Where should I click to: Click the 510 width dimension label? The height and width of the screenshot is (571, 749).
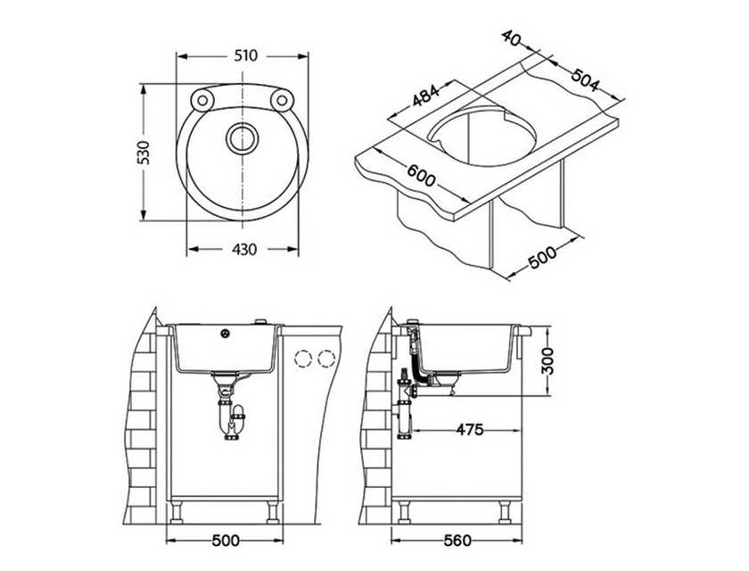245,56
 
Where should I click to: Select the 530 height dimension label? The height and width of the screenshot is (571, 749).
144,153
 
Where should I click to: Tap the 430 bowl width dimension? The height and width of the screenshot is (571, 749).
244,249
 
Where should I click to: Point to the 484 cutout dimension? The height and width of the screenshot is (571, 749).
425,95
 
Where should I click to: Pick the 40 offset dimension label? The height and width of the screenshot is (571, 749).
511,38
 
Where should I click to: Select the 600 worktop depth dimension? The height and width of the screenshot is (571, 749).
421,175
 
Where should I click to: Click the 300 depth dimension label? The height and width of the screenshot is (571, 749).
548,360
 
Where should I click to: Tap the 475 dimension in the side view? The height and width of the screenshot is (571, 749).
470,429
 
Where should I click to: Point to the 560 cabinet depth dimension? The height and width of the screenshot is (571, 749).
457,541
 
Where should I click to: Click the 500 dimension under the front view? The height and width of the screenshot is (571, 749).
226,541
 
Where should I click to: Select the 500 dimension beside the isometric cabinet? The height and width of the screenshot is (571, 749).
542,257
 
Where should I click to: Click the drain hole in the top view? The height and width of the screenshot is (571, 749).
242,138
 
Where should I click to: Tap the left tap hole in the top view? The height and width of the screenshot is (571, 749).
202,100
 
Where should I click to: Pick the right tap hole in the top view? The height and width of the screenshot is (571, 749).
282,100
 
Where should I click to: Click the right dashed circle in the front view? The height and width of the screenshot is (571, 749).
326,359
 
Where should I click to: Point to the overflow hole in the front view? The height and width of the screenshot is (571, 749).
225,334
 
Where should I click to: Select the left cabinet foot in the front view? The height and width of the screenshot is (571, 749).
177,512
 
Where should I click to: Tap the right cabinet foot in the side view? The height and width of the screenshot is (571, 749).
504,512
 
